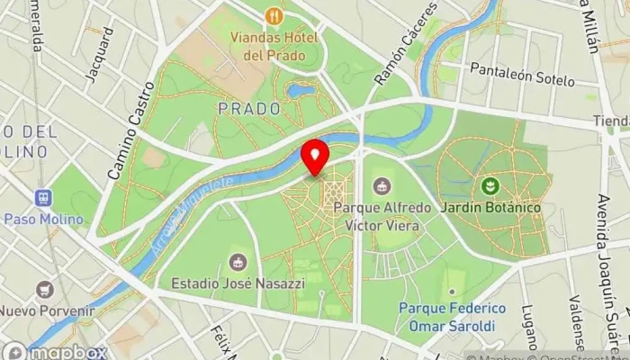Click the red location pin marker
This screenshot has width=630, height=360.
point(315,157)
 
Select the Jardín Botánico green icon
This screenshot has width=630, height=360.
point(490,186)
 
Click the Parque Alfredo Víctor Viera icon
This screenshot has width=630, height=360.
point(382,186)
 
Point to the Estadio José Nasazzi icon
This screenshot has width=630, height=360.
point(238,262)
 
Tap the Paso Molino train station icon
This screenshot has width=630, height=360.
point(41,198)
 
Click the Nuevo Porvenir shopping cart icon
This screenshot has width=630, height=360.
point(44,290)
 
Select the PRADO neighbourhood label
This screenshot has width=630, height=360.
point(248,108)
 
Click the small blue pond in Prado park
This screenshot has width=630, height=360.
point(300,90)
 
